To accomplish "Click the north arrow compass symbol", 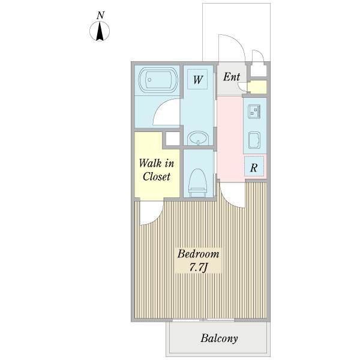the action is (100, 31).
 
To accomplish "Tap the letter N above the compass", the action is (100, 16).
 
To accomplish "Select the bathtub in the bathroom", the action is (158, 80).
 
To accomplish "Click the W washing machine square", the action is (197, 79).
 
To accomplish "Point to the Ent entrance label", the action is (232, 77).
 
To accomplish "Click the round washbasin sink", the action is (197, 138).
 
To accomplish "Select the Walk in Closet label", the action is (157, 170).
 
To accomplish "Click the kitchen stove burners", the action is (254, 112).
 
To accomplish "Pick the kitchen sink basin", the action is (254, 140).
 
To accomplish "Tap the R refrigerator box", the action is (254, 166).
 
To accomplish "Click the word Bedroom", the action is (198, 254).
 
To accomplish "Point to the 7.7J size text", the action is (198, 267).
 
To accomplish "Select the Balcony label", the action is (219, 338).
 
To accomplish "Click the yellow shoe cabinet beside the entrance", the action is (257, 87).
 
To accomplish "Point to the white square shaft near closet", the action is (172, 139).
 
